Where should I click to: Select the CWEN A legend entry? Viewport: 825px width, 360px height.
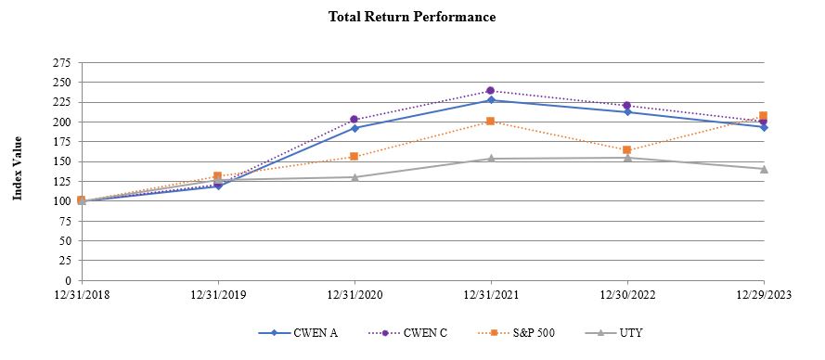pos(309,333)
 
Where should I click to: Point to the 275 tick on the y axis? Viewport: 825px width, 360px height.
pos(63,63)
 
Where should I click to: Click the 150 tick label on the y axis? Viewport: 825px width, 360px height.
pos(63,161)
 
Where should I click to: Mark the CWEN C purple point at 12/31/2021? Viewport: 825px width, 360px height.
pos(491,91)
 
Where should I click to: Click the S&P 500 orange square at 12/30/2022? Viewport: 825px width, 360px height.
pos(627,149)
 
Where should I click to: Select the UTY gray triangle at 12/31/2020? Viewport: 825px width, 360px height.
pos(354,177)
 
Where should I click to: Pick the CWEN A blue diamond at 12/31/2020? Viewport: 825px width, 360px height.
pos(354,128)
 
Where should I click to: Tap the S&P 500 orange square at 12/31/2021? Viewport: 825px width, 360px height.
pos(491,122)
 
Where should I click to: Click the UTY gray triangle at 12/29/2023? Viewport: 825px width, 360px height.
pos(764,169)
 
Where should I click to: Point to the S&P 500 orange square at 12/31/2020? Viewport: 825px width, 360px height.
pos(354,156)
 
